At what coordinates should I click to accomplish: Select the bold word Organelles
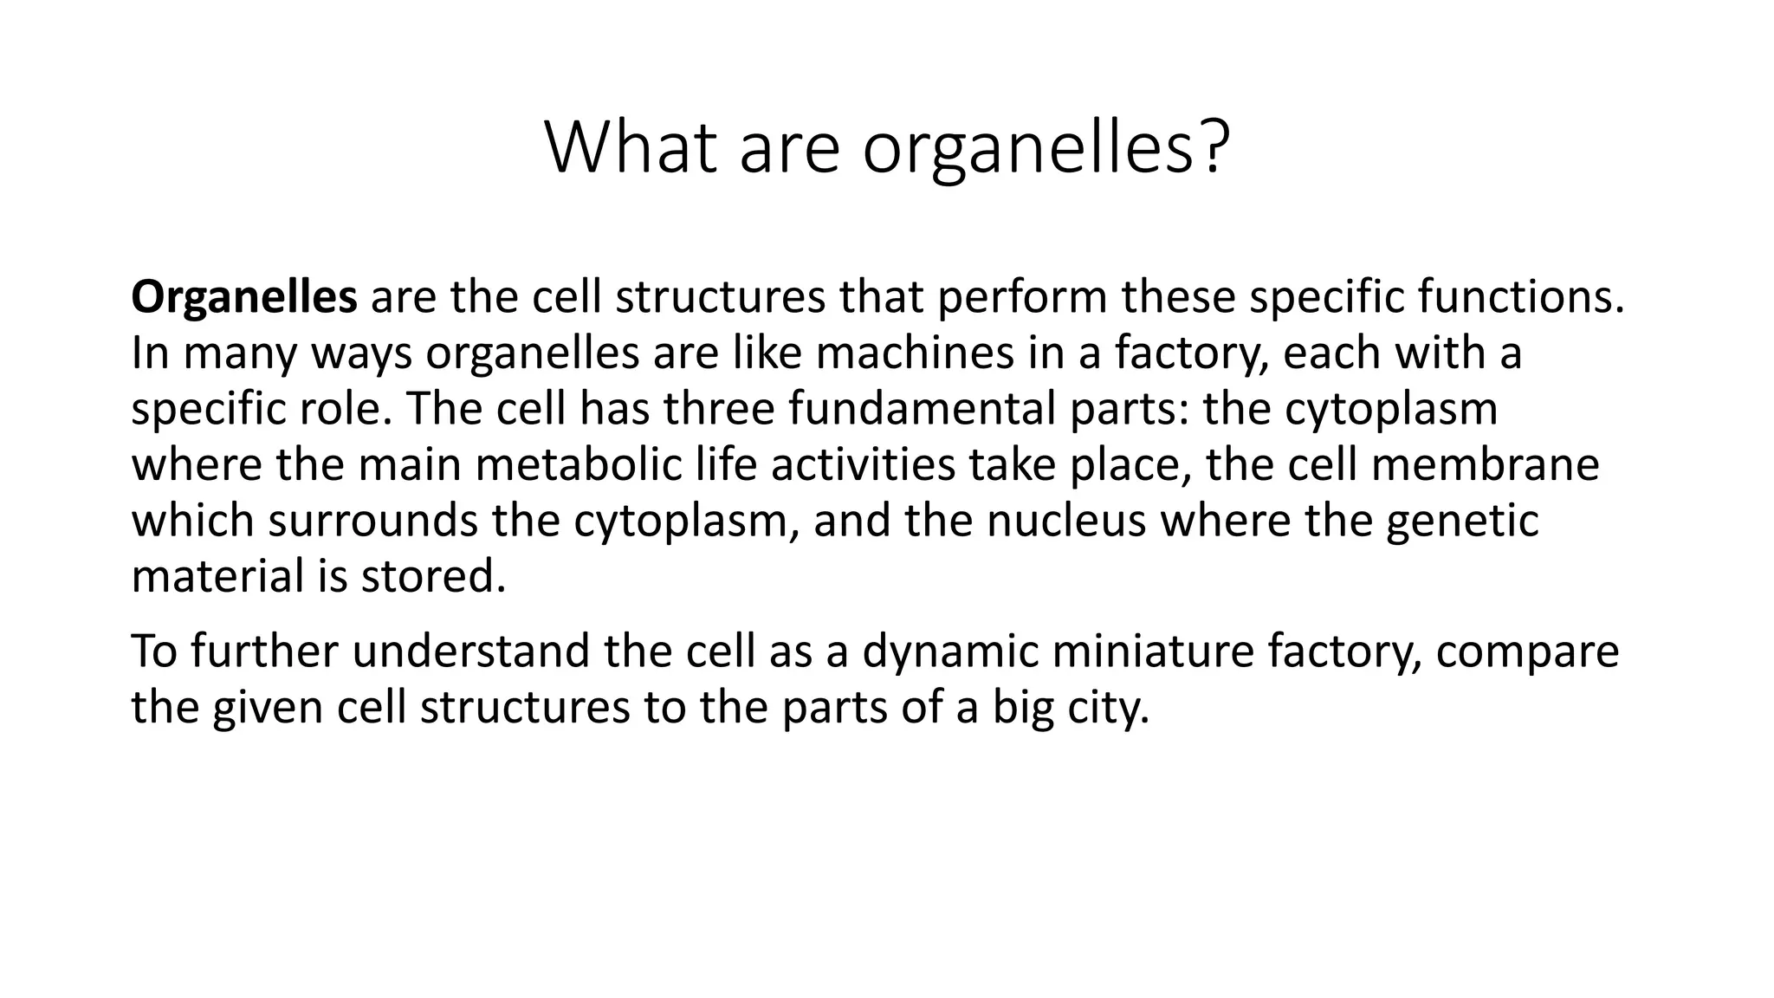[x=243, y=297]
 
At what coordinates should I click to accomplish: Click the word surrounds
[x=372, y=521]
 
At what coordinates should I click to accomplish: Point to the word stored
[x=431, y=576]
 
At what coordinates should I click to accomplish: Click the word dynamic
[x=949, y=651]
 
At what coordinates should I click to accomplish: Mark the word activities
[x=863, y=464]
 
